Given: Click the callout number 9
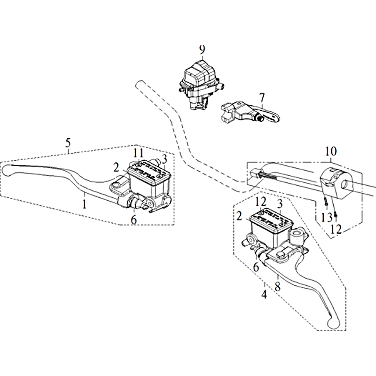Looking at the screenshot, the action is tap(202, 50).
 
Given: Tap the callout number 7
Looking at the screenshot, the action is tap(262, 98).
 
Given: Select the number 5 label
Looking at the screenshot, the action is tap(68, 143).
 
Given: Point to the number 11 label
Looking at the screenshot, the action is tap(139, 153).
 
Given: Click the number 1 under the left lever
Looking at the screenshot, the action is tap(84, 204).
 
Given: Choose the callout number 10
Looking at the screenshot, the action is tap(331, 151).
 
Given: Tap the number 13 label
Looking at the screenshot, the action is tap(327, 218).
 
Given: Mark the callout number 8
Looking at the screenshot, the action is tap(277, 286).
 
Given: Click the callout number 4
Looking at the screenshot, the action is tap(264, 294).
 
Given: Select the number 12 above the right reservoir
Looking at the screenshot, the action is tap(261, 202).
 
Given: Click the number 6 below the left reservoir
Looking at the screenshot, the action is tap(133, 219).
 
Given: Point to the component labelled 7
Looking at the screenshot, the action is tap(250, 113).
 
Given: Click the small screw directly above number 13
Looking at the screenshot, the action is tap(326, 203).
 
